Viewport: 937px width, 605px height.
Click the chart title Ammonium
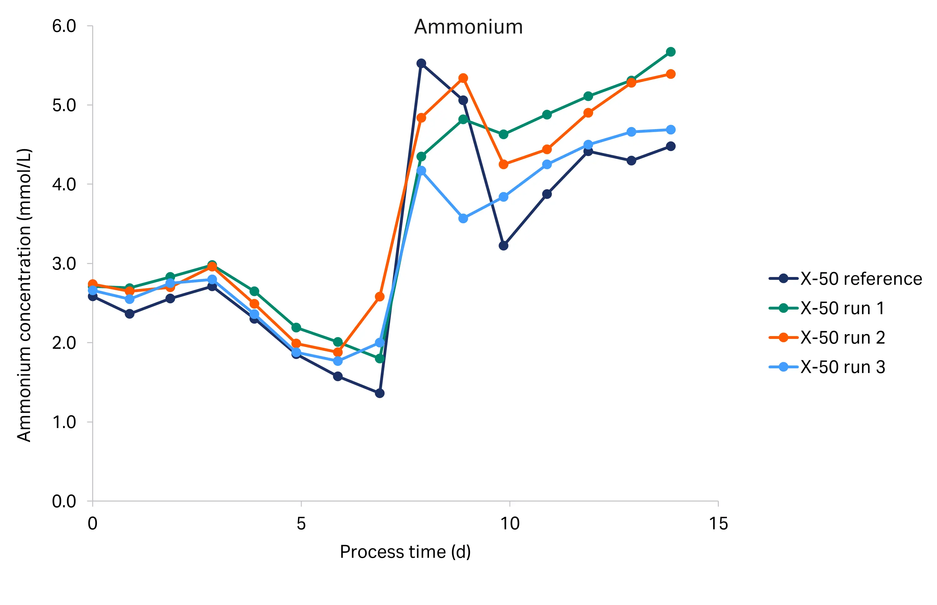click(x=468, y=27)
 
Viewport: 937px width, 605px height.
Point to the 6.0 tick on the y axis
click(x=64, y=26)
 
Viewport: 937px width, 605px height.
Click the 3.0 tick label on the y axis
click(x=64, y=264)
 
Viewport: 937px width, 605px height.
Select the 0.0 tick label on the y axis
click(x=64, y=501)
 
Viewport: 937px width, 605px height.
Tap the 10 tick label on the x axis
click(x=510, y=524)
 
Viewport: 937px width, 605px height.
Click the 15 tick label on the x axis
click(x=718, y=524)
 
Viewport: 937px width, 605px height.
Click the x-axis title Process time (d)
click(x=405, y=552)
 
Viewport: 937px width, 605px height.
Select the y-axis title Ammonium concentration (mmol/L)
click(x=24, y=295)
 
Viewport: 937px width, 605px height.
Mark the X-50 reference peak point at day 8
click(x=421, y=64)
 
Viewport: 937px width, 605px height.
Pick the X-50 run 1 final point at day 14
click(x=671, y=52)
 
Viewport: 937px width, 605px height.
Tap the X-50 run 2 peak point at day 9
click(x=463, y=78)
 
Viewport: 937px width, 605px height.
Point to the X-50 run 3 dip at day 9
click(x=463, y=219)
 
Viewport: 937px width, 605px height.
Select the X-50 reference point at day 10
click(x=503, y=245)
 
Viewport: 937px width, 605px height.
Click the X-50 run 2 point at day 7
click(x=380, y=297)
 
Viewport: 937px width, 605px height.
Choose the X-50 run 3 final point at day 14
click(x=671, y=130)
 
